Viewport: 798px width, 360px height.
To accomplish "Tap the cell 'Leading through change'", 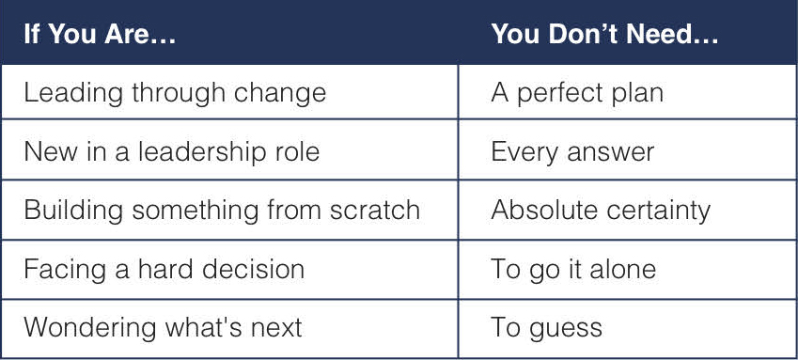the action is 175,94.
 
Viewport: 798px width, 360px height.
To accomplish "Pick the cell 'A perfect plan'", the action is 577,94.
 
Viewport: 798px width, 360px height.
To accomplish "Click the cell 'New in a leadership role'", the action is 171,151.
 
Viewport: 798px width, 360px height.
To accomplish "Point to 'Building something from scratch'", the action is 222,210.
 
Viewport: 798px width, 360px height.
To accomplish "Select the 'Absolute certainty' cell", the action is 601,211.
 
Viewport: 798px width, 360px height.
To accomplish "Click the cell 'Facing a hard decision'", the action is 164,270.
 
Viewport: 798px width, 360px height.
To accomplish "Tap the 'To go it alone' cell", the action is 573,270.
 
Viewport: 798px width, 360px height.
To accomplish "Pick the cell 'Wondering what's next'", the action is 163,327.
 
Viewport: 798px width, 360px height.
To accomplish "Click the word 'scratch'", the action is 375,210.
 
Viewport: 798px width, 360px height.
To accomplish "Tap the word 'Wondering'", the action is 90,328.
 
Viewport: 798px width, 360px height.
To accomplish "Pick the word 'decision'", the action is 253,269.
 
